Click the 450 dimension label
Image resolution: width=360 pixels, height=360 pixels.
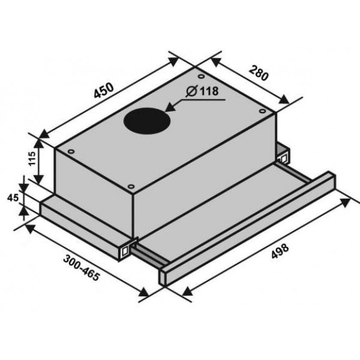pos(104,90)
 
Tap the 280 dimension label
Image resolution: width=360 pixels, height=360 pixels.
pos(259,73)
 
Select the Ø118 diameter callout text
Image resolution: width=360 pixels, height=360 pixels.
pos(203,91)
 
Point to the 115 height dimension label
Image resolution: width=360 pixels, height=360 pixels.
pos(32,158)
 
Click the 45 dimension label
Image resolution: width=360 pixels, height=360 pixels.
pos(13,197)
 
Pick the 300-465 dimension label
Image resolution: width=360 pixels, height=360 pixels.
pos(81,268)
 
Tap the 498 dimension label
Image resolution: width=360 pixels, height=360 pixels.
pos(280,251)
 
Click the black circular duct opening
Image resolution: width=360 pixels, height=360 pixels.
pos(147,121)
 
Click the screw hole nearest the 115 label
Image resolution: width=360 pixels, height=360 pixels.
pos(71,152)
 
